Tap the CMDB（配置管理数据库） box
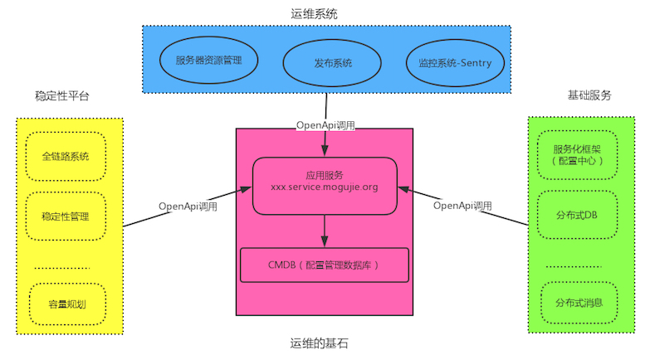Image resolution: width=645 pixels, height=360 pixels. point(324,265)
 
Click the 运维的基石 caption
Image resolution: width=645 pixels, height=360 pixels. point(320,342)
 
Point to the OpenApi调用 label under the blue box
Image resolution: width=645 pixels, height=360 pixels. point(325,124)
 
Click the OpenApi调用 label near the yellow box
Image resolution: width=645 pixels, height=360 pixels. point(188,206)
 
